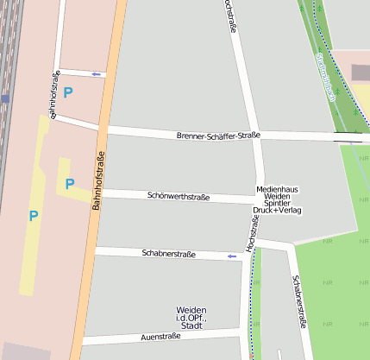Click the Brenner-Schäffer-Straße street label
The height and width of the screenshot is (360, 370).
(x=217, y=136)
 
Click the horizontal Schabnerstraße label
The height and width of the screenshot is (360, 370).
(x=168, y=254)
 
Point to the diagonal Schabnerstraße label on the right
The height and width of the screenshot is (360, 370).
(x=298, y=302)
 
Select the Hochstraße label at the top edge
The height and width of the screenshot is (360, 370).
(x=230, y=19)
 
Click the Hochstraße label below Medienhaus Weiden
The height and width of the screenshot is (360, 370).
(x=253, y=236)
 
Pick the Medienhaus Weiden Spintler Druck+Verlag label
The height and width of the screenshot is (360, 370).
(x=277, y=199)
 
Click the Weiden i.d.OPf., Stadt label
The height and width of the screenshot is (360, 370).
(x=191, y=318)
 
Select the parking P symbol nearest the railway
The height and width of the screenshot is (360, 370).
(x=34, y=216)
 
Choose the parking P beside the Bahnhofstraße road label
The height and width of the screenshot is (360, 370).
(x=70, y=183)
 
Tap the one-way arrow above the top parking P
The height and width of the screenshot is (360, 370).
(x=96, y=75)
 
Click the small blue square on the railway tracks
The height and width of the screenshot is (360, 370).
(x=5, y=99)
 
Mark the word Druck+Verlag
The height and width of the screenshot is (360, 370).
(x=277, y=210)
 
